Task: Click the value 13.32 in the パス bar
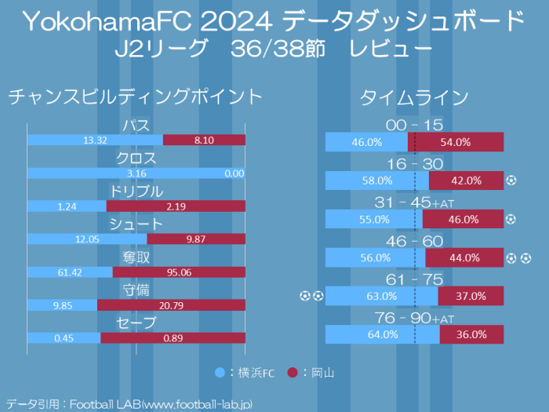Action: [95, 140]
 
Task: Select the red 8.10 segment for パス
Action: [204, 140]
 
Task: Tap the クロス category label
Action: [136, 159]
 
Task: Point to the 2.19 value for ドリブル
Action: [176, 206]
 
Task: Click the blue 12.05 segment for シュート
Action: [87, 239]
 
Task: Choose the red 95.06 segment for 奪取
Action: [179, 272]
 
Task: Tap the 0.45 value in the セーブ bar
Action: [64, 337]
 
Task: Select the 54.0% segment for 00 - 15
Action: [456, 142]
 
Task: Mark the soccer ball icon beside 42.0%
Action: [511, 180]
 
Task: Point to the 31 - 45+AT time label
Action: [414, 203]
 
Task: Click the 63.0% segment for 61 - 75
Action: [382, 296]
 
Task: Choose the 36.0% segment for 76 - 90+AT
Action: [471, 334]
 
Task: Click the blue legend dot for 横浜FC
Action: [220, 372]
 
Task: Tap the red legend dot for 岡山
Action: [293, 372]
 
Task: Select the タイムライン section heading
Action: [414, 97]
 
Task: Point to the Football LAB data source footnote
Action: [129, 403]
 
